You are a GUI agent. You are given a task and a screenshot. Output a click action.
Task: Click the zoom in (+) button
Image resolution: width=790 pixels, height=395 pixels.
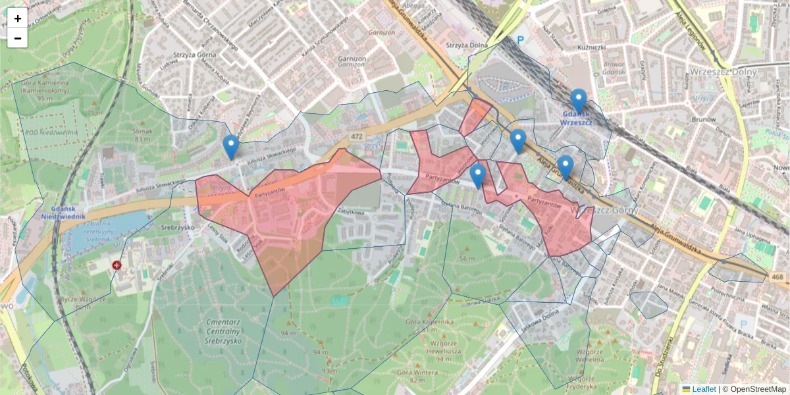17,18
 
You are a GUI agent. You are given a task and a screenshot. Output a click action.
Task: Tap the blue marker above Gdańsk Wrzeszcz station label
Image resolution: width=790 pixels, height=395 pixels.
579,101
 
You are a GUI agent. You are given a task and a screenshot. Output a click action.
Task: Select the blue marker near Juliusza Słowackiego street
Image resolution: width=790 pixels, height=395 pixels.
230,147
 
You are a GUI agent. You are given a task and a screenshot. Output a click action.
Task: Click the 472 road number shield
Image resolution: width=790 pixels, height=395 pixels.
356,136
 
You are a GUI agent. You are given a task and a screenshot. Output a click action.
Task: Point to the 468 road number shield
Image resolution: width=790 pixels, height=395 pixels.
777,277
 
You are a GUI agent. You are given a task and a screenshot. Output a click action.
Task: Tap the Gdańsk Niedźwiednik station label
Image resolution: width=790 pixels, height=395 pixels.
62,211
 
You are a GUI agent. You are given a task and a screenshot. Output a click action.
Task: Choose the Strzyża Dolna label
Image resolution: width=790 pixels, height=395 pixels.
466,45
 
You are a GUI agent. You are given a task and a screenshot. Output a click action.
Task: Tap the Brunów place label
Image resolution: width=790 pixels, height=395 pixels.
704,120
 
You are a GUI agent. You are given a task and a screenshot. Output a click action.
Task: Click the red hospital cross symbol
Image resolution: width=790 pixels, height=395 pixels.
117,265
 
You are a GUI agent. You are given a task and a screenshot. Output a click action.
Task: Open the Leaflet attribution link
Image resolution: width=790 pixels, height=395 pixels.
703,389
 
